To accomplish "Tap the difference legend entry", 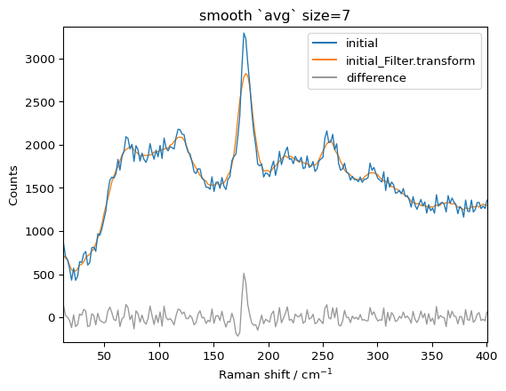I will click(x=377, y=78).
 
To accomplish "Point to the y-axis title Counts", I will click(x=13, y=185).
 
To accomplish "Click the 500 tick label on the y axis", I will click(x=44, y=275).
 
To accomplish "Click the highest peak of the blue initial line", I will click(x=244, y=34).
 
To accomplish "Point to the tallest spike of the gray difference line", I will click(x=244, y=274).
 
